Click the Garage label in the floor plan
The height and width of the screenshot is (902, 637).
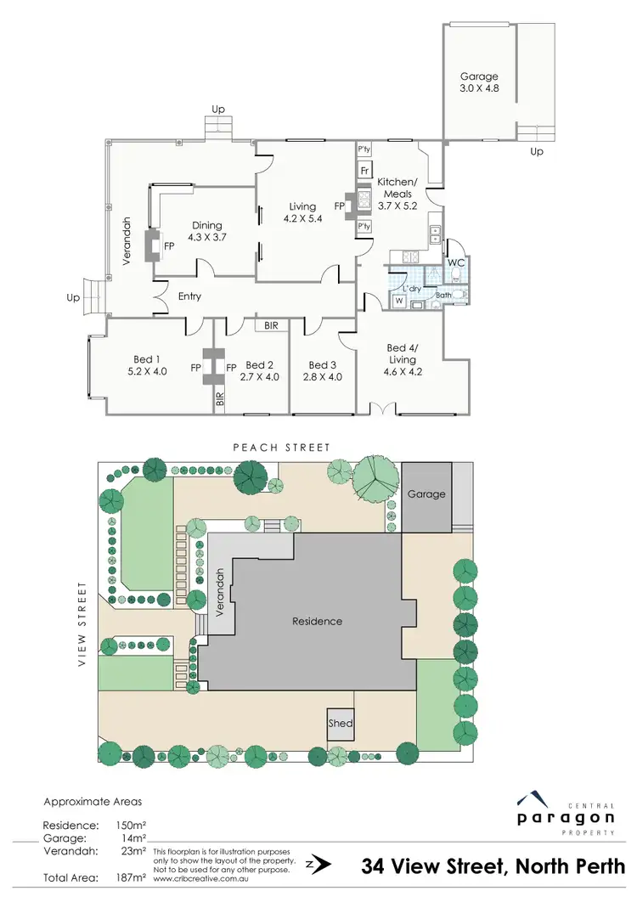coord(479,76)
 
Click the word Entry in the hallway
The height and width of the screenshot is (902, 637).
coord(190,296)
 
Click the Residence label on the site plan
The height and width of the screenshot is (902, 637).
coord(317,621)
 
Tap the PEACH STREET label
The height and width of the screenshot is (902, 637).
coord(282,447)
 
